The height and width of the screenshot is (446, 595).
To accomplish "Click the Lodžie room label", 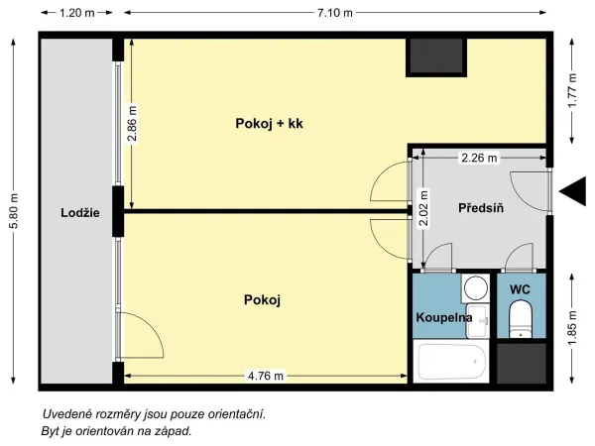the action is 80,213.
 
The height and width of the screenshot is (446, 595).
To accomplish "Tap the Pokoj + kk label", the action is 269,123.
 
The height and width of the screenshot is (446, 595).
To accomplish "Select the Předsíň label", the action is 481,208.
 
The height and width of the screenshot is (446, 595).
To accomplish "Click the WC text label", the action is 520,289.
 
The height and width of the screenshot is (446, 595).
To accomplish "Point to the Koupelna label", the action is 444,317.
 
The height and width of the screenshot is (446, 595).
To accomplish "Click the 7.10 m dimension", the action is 335,13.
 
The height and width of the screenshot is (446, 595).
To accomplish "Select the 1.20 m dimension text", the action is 76,13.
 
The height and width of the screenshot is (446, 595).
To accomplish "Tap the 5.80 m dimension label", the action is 14,211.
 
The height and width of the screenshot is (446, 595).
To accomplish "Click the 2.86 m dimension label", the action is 132,124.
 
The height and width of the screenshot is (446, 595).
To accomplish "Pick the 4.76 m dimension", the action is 266,376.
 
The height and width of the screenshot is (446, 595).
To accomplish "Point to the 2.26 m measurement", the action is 479,158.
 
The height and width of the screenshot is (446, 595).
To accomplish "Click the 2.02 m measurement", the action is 423,208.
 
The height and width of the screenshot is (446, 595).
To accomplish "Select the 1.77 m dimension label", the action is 572,90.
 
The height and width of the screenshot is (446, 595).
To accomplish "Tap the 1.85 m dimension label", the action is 572,328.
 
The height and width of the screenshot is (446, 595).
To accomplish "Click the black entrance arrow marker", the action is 572,192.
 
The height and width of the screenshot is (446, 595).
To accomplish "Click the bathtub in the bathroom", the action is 451,362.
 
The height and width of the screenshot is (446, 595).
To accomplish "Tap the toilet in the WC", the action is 520,318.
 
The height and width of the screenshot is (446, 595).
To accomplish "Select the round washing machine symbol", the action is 476,288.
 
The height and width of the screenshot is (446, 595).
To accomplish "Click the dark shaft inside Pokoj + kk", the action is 436,56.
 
